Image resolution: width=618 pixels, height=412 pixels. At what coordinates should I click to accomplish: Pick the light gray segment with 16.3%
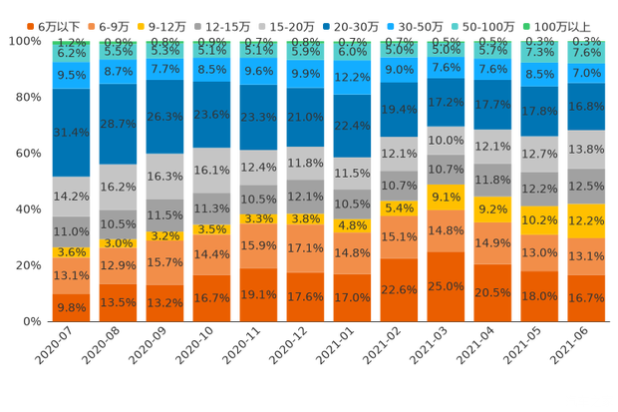[164, 177]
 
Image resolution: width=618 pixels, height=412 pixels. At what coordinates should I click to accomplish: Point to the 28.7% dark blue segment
[118, 124]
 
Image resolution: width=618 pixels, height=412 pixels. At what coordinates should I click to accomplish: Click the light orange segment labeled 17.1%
[305, 247]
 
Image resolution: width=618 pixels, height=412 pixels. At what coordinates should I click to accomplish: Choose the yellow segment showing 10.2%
[540, 220]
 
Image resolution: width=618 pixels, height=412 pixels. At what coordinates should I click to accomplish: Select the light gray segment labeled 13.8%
[586, 149]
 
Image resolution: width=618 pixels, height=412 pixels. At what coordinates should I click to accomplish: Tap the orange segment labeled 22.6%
[399, 290]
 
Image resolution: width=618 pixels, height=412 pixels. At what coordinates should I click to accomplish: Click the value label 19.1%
[258, 295]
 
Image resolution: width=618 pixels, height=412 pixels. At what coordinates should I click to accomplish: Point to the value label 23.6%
[211, 115]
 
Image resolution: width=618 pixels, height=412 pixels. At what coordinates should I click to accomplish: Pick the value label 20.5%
[492, 293]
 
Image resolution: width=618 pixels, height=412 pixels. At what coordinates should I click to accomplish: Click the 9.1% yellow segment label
[446, 198]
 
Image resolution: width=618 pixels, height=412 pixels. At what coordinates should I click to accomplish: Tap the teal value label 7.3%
[540, 52]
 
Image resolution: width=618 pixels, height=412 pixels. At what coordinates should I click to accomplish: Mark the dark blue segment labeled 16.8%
[586, 107]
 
